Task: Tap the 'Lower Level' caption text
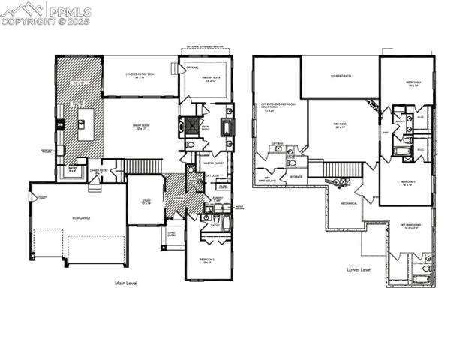(359, 268)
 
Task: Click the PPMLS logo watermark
(46, 13)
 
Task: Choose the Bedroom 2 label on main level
(208, 261)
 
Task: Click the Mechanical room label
(349, 202)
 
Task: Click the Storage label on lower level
(296, 177)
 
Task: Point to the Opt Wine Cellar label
(266, 180)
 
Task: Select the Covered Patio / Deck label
(139, 76)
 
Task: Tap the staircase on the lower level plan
(338, 169)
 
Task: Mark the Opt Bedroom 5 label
(410, 225)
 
